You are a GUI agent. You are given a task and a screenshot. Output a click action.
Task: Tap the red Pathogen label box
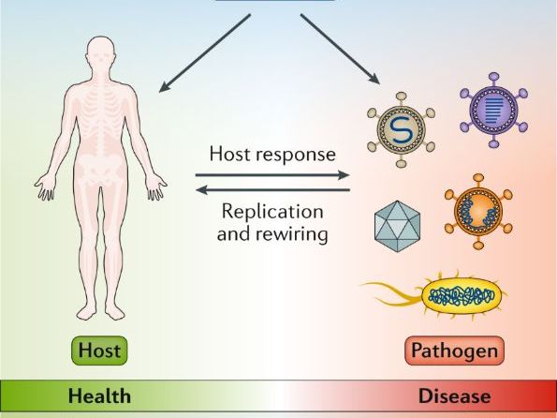coord(455,352)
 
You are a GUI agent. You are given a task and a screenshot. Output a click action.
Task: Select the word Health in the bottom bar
coord(99,395)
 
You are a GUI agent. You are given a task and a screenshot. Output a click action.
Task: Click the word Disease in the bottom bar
coord(455,395)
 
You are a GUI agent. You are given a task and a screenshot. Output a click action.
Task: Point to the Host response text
coord(271,153)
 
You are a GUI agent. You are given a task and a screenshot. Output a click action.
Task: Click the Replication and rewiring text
coord(271,222)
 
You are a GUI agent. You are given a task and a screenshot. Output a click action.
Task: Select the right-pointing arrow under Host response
coord(271,174)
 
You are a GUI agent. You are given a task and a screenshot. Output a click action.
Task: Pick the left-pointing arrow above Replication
coord(271,190)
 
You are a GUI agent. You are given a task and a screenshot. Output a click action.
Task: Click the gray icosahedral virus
coord(398,225)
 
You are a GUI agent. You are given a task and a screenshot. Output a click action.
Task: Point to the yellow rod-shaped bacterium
coord(459,297)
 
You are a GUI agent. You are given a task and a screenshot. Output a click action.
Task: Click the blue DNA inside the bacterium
coord(460,297)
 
